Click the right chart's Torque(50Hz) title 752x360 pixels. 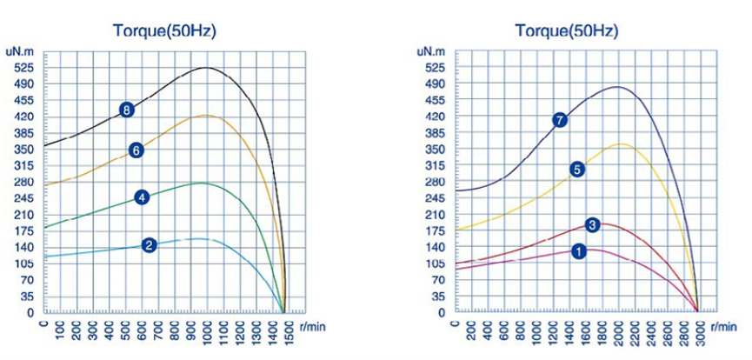tap(566, 31)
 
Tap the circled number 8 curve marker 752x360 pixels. tap(127, 110)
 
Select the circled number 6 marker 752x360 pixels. tap(136, 150)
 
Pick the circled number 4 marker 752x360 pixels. tap(142, 197)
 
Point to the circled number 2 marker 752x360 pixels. tap(150, 245)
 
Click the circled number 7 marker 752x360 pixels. tap(560, 120)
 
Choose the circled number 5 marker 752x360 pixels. tap(576, 169)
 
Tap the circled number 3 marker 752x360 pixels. tap(593, 224)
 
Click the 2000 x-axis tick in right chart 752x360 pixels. tap(619, 330)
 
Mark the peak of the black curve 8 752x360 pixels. tap(207, 68)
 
